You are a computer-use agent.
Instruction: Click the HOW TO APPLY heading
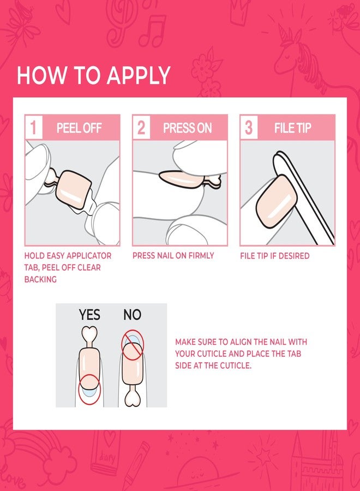[x=93, y=75]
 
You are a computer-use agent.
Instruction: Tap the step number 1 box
[x=33, y=128]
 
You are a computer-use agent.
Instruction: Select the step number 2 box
[x=141, y=128]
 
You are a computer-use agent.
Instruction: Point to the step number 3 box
[x=249, y=128]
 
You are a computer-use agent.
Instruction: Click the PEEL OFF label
[x=79, y=128]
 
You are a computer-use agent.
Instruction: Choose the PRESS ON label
[x=187, y=128]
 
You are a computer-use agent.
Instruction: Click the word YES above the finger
[x=89, y=315]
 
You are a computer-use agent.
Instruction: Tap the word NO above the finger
[x=132, y=315]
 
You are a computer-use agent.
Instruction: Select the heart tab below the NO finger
[x=132, y=398]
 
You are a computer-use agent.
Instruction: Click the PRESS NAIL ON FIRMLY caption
[x=173, y=255]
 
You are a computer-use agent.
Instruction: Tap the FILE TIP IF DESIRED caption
[x=274, y=255]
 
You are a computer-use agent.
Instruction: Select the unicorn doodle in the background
[x=297, y=49]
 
